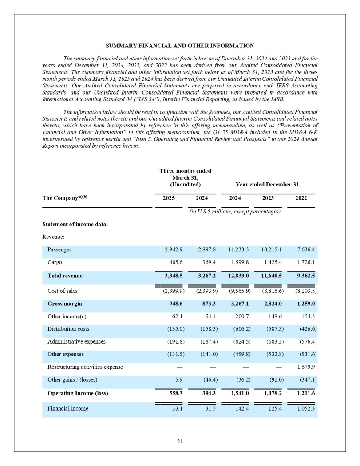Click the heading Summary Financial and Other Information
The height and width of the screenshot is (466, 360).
180,46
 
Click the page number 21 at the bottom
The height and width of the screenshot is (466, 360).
180,441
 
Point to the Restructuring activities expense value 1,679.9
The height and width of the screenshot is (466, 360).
305,367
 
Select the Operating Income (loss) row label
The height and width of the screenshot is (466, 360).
78,393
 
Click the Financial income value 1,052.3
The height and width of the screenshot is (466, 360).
304,408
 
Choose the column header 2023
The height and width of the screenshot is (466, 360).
268,198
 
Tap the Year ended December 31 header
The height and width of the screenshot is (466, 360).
268,184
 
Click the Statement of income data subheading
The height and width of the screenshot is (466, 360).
75,224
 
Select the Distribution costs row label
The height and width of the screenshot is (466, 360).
68,328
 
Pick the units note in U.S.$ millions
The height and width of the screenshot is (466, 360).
235,212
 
